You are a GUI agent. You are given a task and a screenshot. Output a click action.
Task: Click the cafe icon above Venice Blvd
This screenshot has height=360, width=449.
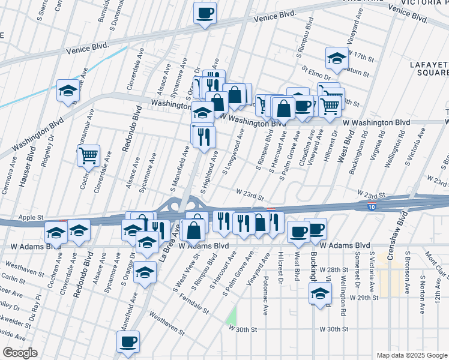(x=205, y=13)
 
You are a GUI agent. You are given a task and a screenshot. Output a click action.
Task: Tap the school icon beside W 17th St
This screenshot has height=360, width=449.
(x=337, y=58)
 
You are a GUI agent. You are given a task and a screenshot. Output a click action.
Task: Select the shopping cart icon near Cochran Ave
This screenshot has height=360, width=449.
(x=88, y=155)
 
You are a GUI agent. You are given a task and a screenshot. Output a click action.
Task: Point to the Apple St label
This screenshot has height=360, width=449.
(x=32, y=217)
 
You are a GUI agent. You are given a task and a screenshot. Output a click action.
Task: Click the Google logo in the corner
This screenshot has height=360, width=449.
(x=20, y=353)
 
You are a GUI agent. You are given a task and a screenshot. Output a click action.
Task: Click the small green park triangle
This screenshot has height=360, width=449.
(x=232, y=315)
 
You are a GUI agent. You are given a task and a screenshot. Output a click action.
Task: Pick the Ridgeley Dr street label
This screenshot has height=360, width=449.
(x=46, y=155)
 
